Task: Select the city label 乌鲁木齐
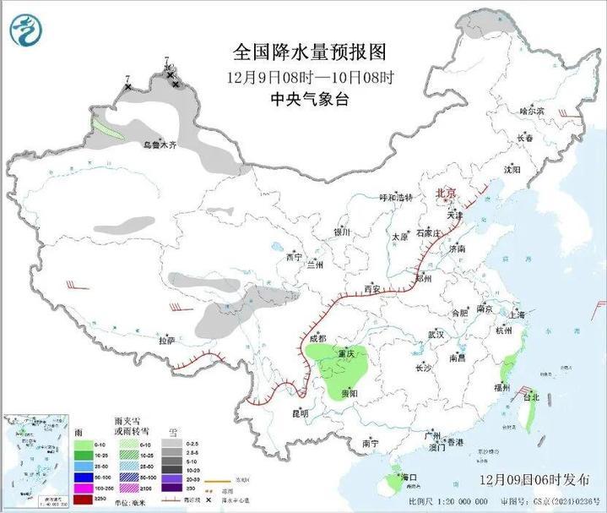pyautogui.click(x=160, y=145)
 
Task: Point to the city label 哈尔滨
pyautogui.click(x=532, y=111)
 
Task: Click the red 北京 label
pyautogui.click(x=446, y=194)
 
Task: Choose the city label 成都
pyautogui.click(x=317, y=338)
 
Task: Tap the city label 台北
pyautogui.click(x=530, y=396)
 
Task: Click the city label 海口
pyautogui.click(x=409, y=478)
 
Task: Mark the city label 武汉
pyautogui.click(x=436, y=335)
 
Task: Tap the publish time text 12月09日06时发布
pyautogui.click(x=536, y=480)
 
